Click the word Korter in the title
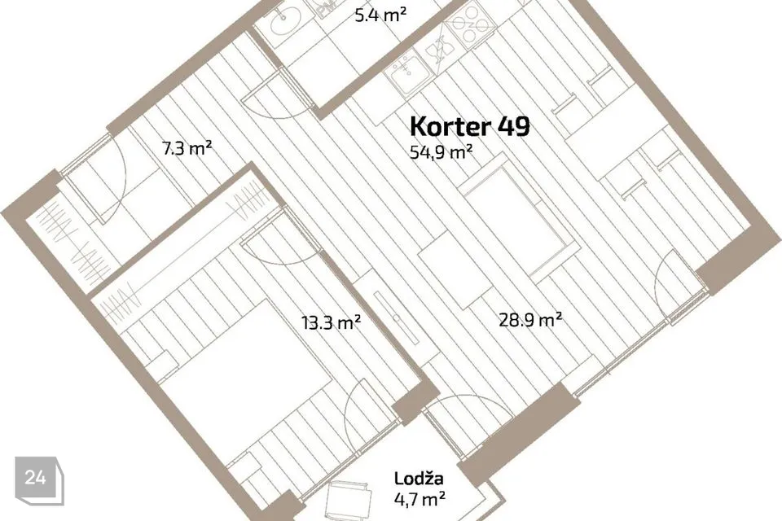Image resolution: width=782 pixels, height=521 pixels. [450, 127]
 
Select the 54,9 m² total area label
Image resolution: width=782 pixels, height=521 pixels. [442, 151]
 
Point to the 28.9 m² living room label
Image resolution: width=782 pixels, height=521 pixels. [530, 320]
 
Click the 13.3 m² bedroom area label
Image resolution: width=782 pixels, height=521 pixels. [331, 322]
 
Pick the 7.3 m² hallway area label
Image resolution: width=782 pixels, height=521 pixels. [187, 148]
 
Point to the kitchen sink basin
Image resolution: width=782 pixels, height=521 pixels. [405, 77]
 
